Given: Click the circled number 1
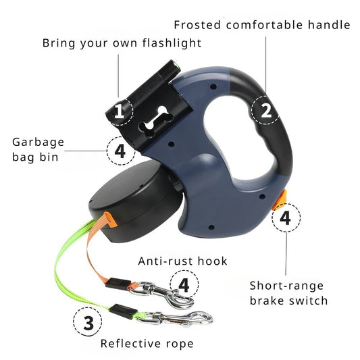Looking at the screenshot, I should coord(120,111).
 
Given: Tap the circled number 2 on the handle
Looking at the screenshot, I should coord(266,110).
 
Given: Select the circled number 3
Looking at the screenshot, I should coord(88,322).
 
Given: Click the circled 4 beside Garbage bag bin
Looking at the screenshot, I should coord(120,151).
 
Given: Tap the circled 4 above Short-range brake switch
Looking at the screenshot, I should coord(286,219).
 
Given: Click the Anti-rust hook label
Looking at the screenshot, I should coord(183,261).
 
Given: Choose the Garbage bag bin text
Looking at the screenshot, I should coord(38,150).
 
